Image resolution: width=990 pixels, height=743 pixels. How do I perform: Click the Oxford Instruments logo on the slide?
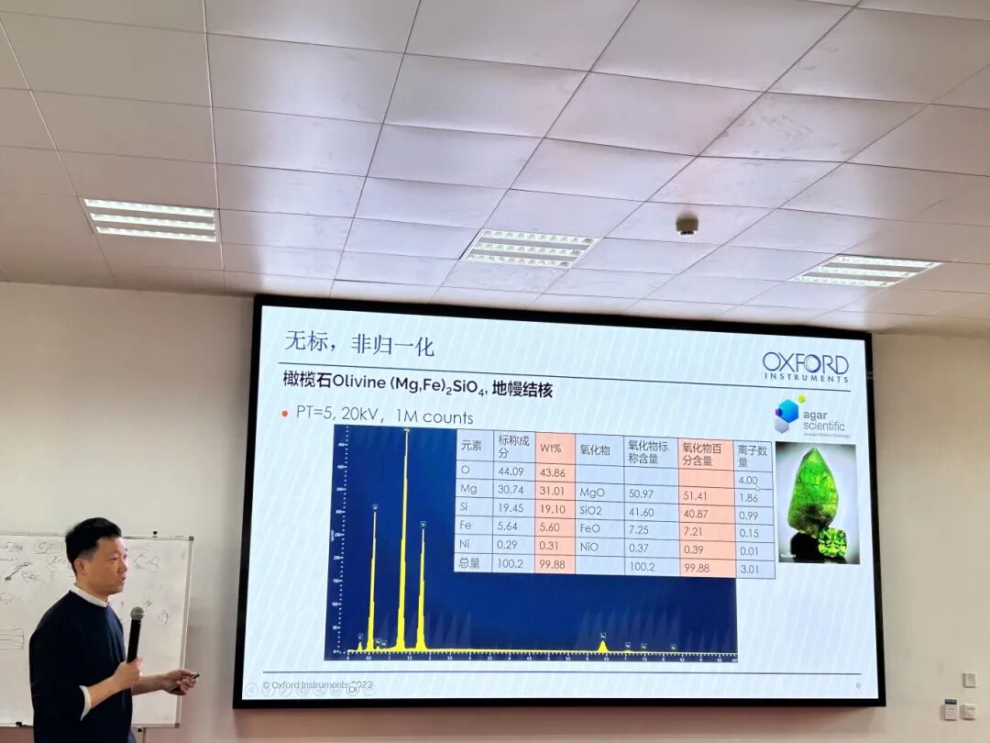coord(805,365)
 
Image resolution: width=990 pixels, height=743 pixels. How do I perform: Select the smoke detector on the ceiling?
coord(687,225)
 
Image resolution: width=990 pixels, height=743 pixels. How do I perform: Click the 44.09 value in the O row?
coord(510,471)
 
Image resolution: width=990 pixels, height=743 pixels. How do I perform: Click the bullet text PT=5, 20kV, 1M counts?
coord(384,416)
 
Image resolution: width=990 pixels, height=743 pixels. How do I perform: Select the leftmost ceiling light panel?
coord(150,219)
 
